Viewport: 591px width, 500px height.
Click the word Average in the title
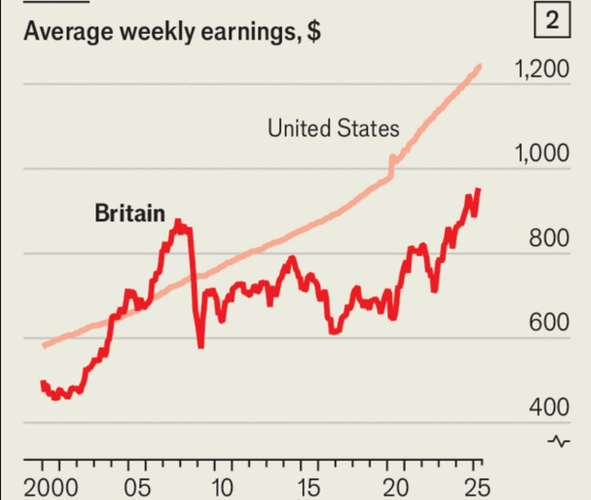tap(68, 32)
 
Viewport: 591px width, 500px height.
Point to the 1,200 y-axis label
tap(541, 69)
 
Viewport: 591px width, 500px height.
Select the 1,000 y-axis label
tap(541, 153)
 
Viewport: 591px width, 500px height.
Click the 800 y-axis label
tap(549, 238)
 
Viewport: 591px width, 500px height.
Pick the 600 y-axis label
tap(549, 322)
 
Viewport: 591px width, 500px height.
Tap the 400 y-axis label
tap(549, 407)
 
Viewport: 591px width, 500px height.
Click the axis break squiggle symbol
tap(559, 441)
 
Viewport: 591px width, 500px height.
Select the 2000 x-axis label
tap(51, 487)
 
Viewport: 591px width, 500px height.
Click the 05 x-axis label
tap(137, 487)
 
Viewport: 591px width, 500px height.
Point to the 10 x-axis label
tap(222, 487)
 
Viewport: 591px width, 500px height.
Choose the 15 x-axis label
tap(308, 487)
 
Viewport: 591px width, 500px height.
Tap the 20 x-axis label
tap(396, 487)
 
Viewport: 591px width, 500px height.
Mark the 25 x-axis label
tap(478, 487)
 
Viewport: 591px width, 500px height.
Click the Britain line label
tap(130, 213)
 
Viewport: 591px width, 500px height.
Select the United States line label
tap(333, 128)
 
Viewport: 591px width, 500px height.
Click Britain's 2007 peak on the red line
tap(178, 222)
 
